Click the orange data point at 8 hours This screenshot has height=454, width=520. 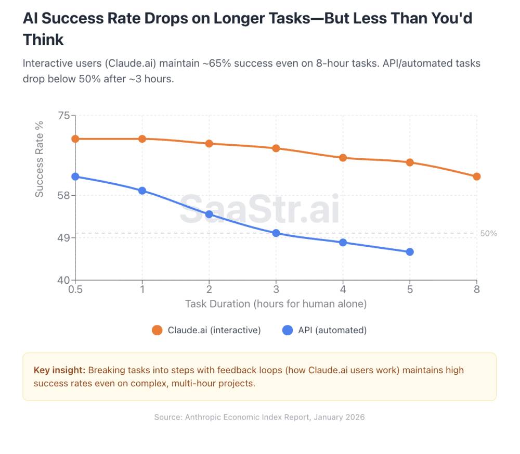coord(476,176)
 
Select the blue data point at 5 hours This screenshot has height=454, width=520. coord(410,252)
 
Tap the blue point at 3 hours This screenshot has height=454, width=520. coord(276,233)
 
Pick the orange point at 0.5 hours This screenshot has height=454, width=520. coord(75,138)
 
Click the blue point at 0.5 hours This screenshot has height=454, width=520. coord(75,176)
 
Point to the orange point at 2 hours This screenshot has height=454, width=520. coord(209,144)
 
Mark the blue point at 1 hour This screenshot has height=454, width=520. coord(142,191)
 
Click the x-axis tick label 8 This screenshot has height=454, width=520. coord(476,290)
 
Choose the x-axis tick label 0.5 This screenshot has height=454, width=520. coord(75,290)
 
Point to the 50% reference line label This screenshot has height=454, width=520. coord(488,234)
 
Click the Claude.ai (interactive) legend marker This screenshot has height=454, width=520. coord(157,330)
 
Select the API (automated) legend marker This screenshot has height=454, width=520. coord(288,330)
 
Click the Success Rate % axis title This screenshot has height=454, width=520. coord(40,159)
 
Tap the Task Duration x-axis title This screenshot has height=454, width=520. coord(276,304)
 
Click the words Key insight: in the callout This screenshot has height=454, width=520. coord(59,370)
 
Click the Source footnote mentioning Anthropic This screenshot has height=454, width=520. coord(259,417)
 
